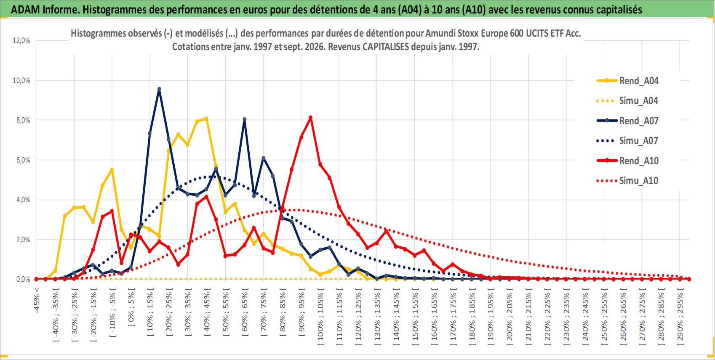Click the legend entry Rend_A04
tap(627, 81)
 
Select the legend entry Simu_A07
tap(627, 141)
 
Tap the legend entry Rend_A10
tap(627, 160)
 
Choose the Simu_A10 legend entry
tap(627, 181)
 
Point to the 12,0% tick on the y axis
tap(21, 40)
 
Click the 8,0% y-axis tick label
tap(21, 120)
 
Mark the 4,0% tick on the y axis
tap(21, 200)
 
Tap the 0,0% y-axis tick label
tap(21, 279)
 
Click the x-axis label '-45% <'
tap(36, 300)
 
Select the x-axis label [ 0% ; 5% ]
tap(131, 307)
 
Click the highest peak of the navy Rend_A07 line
tap(159, 89)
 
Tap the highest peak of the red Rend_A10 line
tap(311, 117)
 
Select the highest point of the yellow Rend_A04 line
tap(206, 119)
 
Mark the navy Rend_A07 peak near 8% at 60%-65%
tap(245, 119)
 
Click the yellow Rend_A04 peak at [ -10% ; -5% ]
tap(112, 170)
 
